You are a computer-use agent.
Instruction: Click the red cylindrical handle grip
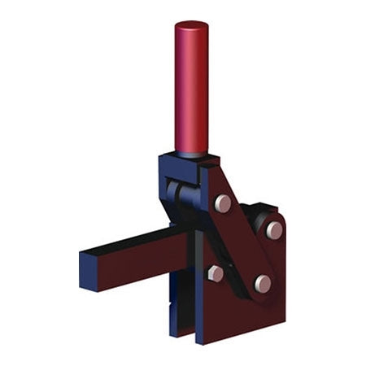point(191,89)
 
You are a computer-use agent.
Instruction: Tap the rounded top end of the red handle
point(191,25)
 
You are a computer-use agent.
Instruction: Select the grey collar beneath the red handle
point(191,154)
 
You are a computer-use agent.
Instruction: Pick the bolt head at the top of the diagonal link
point(223,203)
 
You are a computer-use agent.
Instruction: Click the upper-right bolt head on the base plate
point(274,230)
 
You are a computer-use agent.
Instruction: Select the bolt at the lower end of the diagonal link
point(262,282)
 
